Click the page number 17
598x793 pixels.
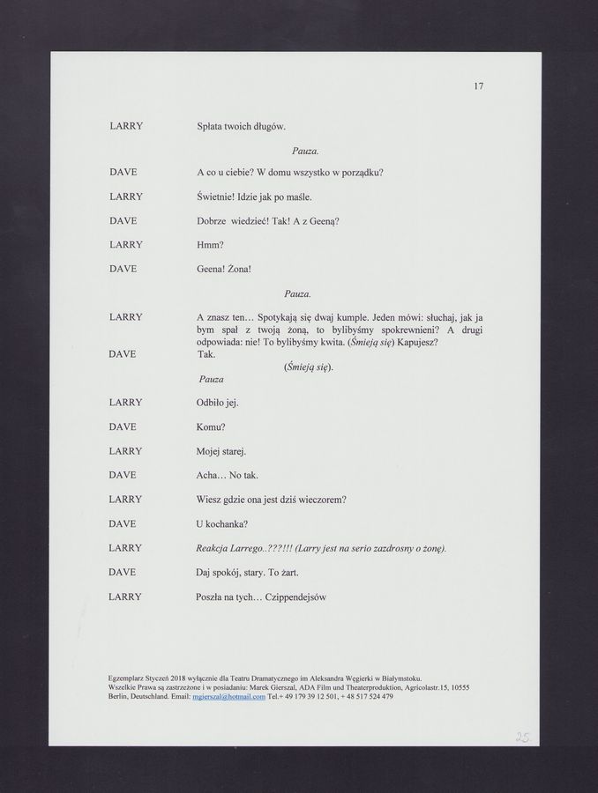[x=478, y=86]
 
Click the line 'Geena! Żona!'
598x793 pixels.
[x=224, y=268]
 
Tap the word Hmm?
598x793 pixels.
[x=208, y=243]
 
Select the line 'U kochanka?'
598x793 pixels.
[x=221, y=523]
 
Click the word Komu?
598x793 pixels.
[x=211, y=426]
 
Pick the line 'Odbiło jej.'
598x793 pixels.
[x=217, y=403]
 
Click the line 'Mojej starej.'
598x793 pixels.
[x=221, y=451]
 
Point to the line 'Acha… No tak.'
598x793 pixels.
[x=226, y=476]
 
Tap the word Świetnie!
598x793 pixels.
[x=215, y=195]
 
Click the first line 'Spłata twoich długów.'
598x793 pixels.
[x=240, y=127]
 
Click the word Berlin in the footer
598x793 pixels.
[x=118, y=696]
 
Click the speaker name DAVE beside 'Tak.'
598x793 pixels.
[x=122, y=354]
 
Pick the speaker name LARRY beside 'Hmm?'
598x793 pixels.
[x=126, y=243]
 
